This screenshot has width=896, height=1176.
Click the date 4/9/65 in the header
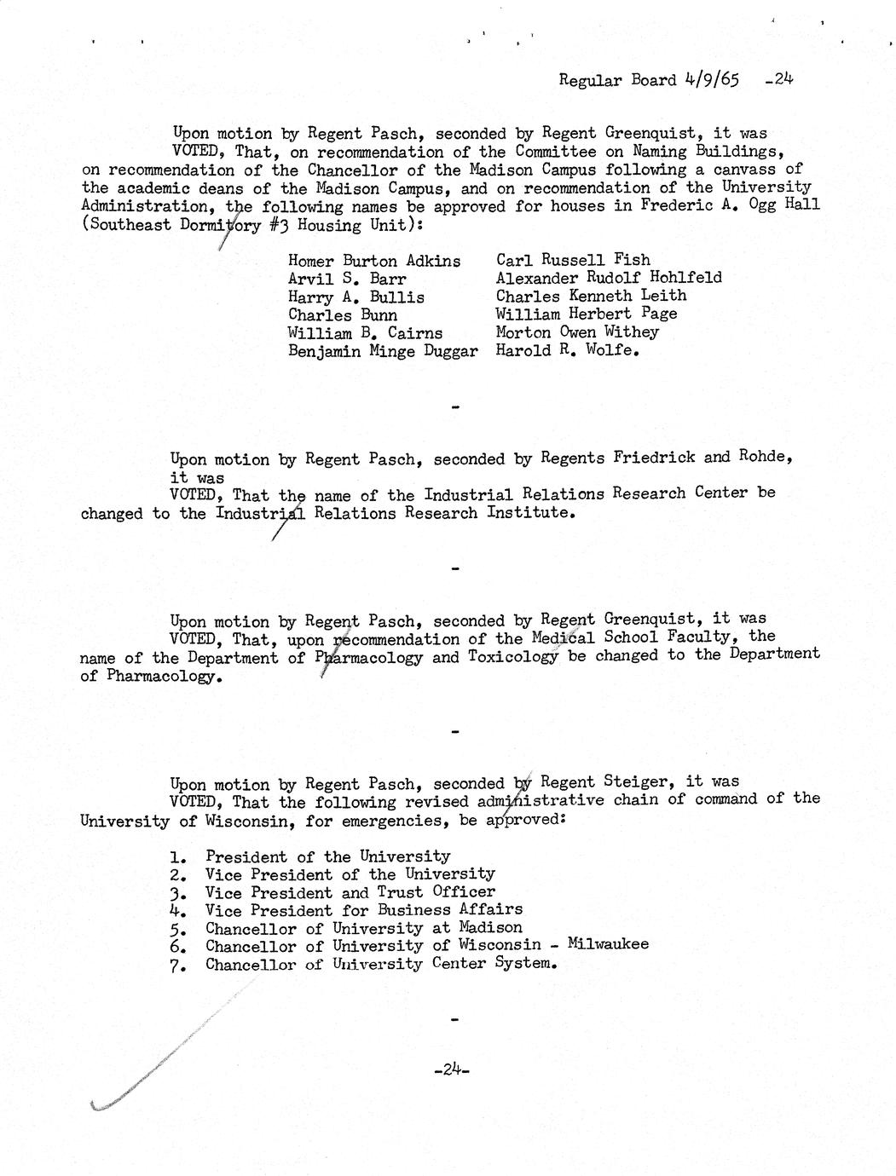point(712,80)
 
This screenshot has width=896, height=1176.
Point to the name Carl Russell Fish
point(573,259)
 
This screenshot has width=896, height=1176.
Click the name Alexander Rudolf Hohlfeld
point(609,277)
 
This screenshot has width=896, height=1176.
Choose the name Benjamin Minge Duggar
point(382,351)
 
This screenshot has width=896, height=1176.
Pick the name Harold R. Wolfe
point(567,349)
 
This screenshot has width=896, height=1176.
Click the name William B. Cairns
point(365,333)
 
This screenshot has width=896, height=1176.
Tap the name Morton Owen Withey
point(577,331)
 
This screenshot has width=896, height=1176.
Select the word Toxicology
point(513,657)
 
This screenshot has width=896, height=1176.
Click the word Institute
point(527,512)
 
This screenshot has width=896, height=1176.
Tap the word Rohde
point(765,456)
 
